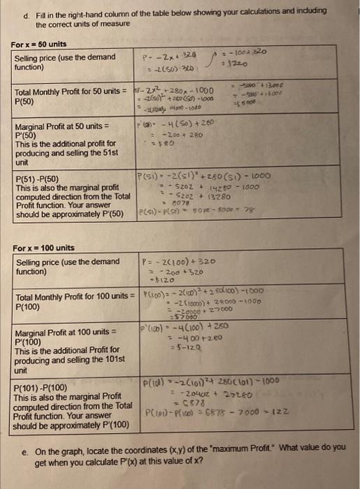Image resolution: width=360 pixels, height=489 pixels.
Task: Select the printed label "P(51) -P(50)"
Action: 38,179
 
